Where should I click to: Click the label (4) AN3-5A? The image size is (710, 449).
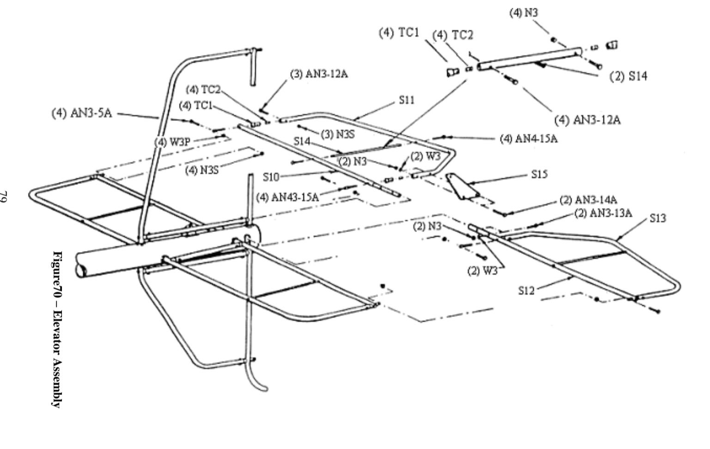tap(81, 113)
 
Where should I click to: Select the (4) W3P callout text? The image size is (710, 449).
tap(172, 142)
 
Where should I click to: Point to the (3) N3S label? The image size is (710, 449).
tap(337, 134)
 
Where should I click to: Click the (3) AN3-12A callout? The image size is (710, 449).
tap(319, 74)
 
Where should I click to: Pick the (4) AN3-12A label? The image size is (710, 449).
tap(588, 120)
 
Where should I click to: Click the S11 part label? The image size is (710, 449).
tap(407, 100)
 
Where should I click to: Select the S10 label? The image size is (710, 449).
tap(272, 176)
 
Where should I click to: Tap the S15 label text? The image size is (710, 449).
tap(539, 175)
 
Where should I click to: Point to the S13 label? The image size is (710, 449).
tap(658, 218)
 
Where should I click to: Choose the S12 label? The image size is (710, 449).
tap(526, 290)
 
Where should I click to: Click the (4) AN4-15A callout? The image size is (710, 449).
tap(528, 138)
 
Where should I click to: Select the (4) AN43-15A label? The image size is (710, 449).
tap(287, 197)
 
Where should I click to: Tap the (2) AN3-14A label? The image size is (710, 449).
tap(588, 200)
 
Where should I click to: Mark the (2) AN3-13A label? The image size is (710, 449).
tap(603, 213)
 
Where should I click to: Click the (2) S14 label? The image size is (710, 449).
tap(629, 77)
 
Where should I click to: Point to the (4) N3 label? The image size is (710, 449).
tap(523, 12)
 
